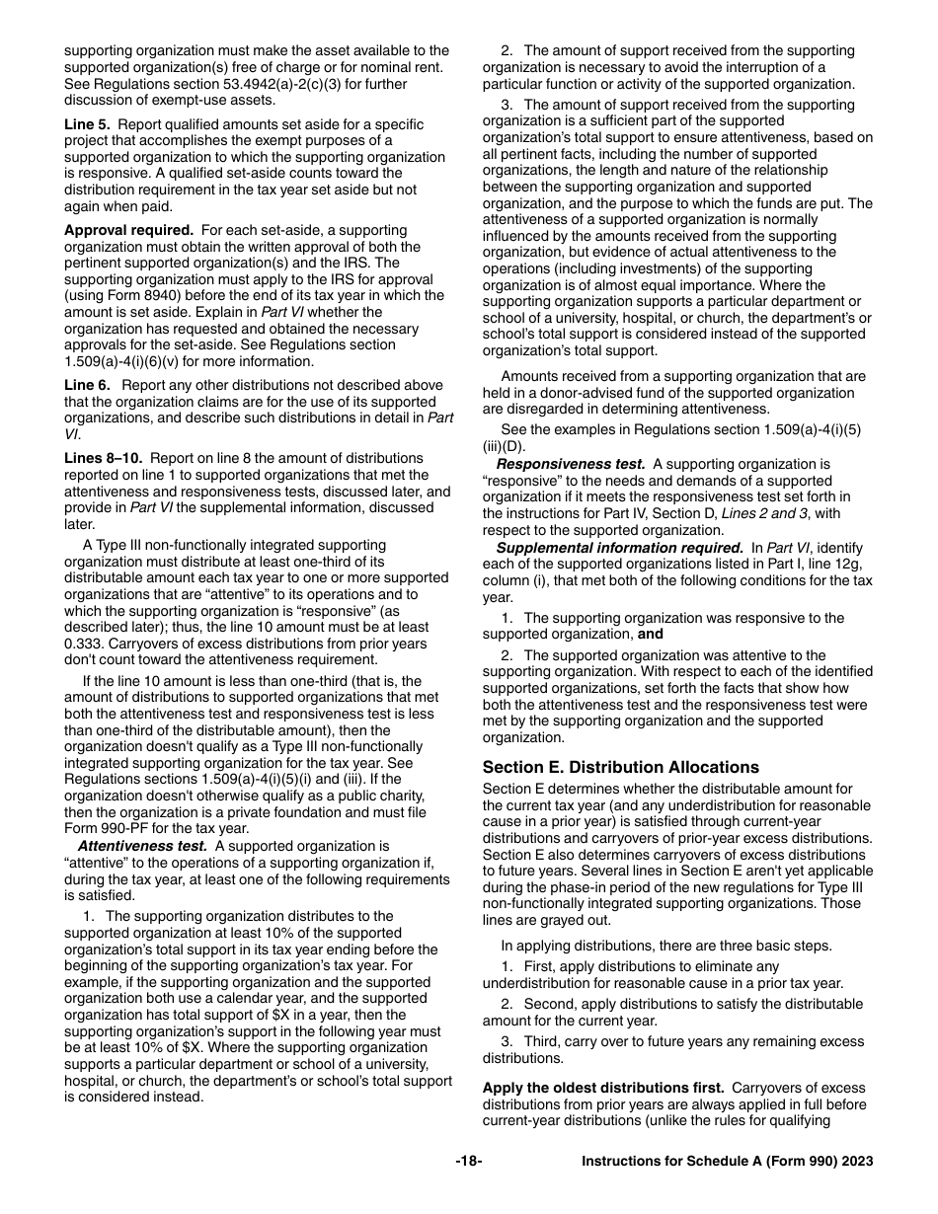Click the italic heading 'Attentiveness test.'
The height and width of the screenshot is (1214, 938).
142,846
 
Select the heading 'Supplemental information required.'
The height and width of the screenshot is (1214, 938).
619,548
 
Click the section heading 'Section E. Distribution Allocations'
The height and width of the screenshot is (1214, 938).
620,767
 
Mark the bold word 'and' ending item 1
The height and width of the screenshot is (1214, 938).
650,635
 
